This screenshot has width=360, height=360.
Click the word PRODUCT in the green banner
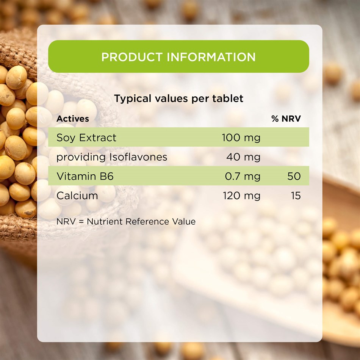pos(132,57)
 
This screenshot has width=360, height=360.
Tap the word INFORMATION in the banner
pos(211,57)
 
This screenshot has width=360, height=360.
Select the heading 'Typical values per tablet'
pos(178,99)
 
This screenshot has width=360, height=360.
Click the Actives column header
pos(73,119)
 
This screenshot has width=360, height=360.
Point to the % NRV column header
pos(286,119)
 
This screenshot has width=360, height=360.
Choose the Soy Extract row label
pos(86,138)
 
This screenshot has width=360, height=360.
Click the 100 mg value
pos(241,138)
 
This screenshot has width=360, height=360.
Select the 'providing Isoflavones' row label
pos(112,157)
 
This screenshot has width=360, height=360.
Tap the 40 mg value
pos(243,157)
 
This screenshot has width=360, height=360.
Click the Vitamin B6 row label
pos(85,176)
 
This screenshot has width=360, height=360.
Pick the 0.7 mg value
pos(243,176)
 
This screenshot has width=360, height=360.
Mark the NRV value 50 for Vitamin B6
pos(294,176)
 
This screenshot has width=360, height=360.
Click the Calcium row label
pos(77,196)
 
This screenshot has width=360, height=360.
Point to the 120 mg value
pos(241,196)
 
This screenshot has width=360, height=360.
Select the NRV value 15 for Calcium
pos(296,196)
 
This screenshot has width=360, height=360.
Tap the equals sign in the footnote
pos(81,222)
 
